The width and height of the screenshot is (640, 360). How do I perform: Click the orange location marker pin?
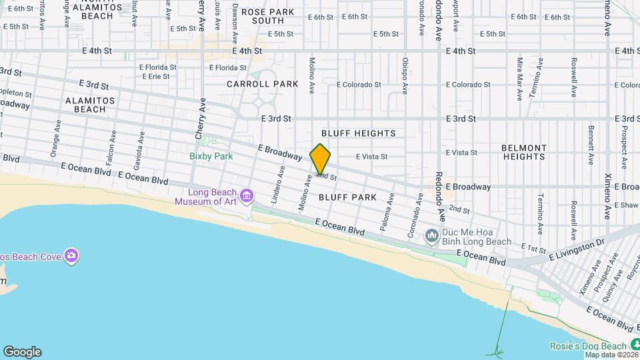point(320,160)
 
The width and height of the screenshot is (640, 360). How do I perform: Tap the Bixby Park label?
point(210,157)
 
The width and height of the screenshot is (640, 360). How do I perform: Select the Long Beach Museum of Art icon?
point(247,195)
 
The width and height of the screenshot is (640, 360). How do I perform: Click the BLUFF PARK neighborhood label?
point(348,198)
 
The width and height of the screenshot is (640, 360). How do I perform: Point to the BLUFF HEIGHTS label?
point(358,134)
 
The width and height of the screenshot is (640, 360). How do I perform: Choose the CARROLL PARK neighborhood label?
point(253,85)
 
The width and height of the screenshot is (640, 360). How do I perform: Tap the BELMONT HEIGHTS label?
point(524,152)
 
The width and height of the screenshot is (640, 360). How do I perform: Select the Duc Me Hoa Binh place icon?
point(431,235)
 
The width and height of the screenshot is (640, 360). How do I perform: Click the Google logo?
point(22,352)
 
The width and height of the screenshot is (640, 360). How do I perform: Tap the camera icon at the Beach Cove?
point(71,256)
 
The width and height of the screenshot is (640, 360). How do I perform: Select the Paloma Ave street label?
point(387,212)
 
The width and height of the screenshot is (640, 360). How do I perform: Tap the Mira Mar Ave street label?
point(519,79)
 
